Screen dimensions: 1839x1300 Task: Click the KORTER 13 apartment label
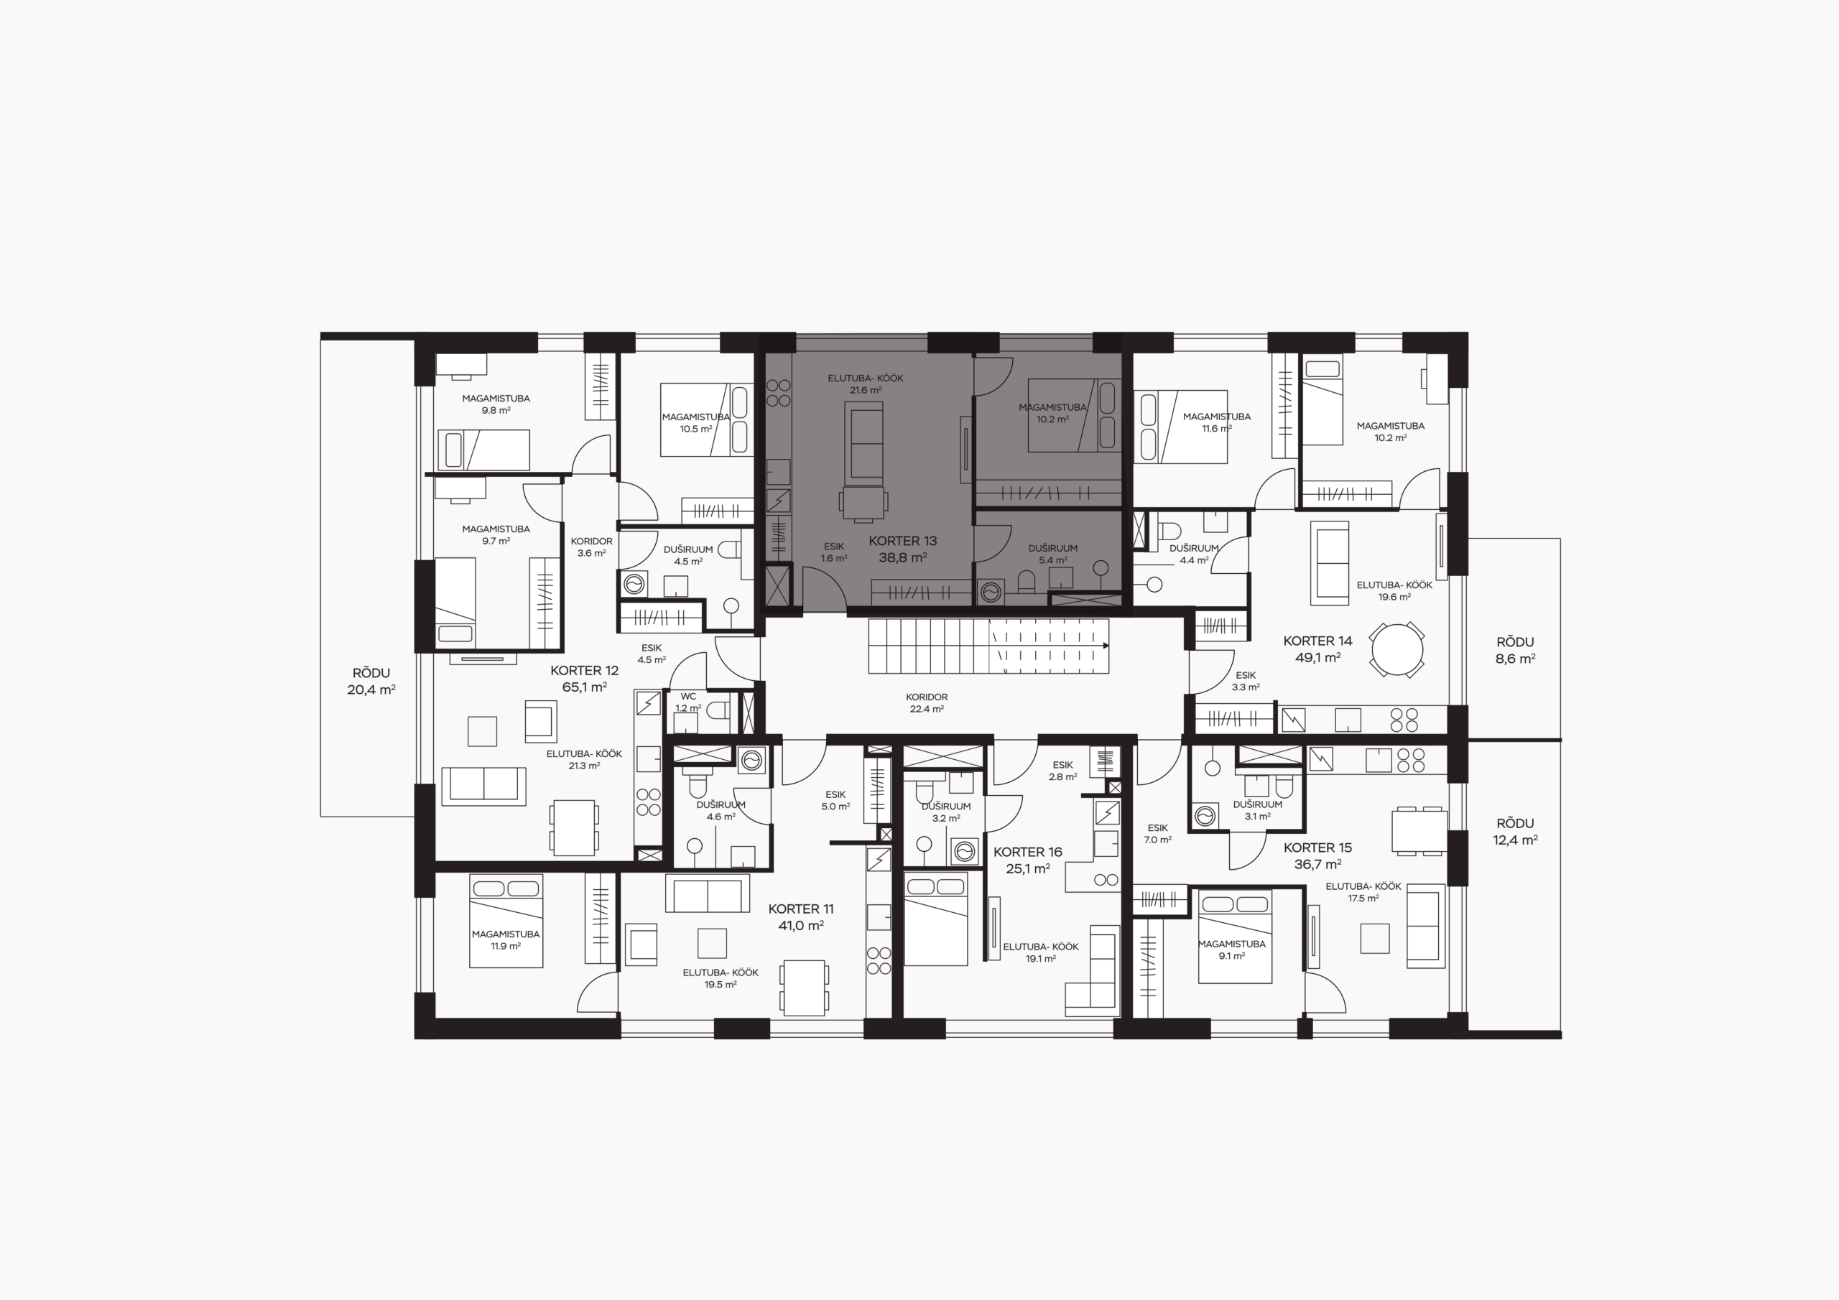903,549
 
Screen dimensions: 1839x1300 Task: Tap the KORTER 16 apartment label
1028,860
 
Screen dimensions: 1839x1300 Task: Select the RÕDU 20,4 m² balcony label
371,681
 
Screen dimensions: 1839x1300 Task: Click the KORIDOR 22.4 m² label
927,703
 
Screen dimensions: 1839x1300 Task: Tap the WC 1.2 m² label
688,702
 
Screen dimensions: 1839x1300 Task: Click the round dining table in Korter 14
1397,649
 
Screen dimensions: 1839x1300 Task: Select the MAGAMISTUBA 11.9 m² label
506,940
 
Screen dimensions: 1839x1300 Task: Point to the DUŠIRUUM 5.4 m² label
1052,554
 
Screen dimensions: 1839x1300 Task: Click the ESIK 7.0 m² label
1157,834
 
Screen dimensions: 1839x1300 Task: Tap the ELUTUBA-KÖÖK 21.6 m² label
866,384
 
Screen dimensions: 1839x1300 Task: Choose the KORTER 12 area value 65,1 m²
585,687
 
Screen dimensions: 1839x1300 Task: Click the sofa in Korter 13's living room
863,443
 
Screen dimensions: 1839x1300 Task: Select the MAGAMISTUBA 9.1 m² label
1232,950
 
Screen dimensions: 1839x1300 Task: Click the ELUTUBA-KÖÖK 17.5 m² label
1363,892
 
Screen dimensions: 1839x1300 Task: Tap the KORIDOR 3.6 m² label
592,547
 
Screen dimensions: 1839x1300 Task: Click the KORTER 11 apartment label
801,917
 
